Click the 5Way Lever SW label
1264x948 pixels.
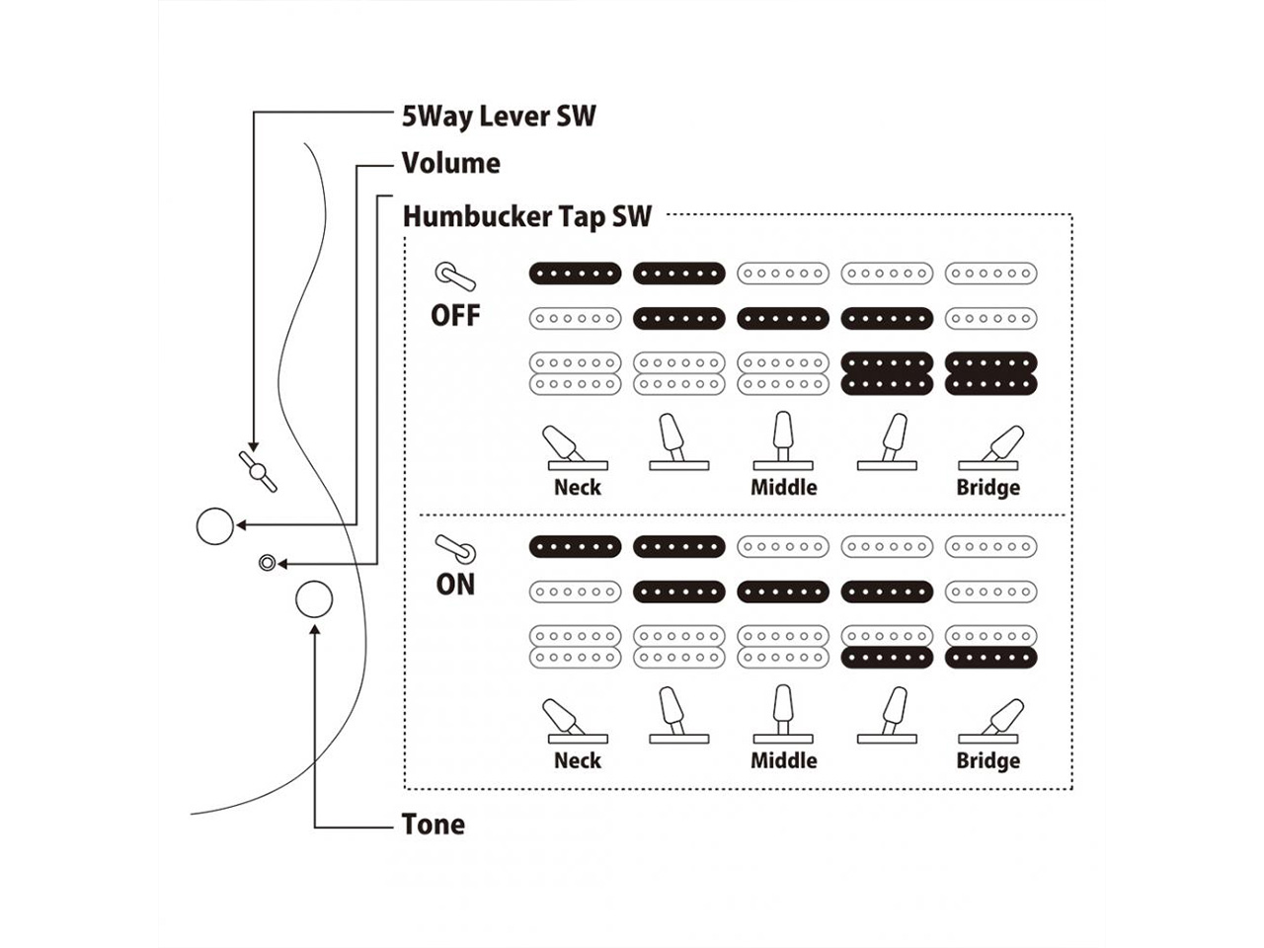click(499, 117)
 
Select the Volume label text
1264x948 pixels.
click(450, 163)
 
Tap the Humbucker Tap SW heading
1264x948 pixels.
click(526, 216)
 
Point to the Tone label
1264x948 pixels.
click(433, 825)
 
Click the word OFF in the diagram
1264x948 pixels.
click(455, 316)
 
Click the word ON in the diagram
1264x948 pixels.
click(455, 585)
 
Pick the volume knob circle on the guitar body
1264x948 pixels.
click(215, 526)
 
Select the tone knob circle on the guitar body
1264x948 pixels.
click(314, 599)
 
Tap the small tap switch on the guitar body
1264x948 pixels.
click(266, 563)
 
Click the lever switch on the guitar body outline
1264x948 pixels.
click(258, 471)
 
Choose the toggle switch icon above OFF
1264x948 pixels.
click(455, 276)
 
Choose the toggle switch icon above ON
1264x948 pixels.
click(455, 548)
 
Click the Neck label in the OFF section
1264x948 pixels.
click(578, 488)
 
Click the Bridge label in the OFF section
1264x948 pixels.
click(987, 488)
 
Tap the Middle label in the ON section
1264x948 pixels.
click(784, 761)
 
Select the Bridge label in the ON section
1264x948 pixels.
click(987, 761)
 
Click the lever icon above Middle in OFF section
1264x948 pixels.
click(783, 440)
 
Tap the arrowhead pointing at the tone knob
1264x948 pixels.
click(314, 629)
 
